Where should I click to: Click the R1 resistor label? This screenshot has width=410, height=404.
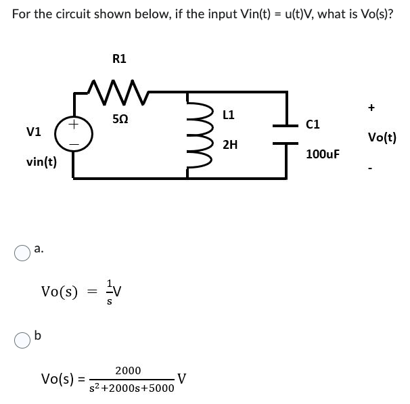(118, 59)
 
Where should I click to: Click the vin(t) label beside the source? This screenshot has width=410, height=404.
(41, 162)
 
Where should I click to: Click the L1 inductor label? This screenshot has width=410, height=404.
(228, 116)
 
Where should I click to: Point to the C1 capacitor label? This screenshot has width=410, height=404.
(313, 124)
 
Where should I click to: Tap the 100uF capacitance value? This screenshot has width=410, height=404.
(322, 154)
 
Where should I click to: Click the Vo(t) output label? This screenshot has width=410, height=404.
(382, 138)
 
